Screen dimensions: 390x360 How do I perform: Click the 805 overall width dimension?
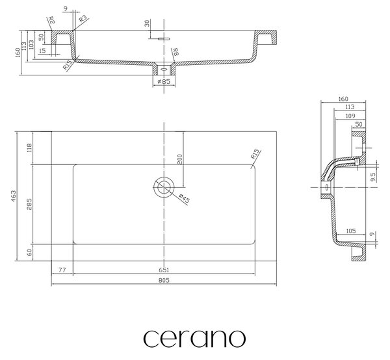click(164, 280)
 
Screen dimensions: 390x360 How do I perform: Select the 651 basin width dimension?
click(164, 270)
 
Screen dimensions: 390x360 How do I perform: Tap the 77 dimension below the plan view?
click(62, 270)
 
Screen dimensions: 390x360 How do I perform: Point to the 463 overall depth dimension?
click(13, 196)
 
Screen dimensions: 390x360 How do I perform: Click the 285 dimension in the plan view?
click(29, 204)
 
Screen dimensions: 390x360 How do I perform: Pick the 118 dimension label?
click(29, 148)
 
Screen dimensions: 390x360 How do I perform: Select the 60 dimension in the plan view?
click(29, 253)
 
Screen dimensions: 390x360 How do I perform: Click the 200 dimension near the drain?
click(180, 159)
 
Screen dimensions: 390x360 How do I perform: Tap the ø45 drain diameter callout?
click(185, 198)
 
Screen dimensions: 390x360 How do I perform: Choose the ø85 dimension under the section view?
click(164, 81)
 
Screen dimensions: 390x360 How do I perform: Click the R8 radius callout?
click(176, 52)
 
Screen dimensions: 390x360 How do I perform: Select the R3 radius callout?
click(83, 19)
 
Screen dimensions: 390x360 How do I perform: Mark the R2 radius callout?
click(51, 20)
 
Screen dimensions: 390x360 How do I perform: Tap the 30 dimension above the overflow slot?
click(148, 23)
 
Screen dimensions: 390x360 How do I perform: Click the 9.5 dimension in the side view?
click(373, 177)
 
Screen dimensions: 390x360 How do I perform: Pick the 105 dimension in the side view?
click(351, 231)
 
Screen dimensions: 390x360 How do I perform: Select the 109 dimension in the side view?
click(350, 116)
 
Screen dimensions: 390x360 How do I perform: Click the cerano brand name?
click(194, 338)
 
